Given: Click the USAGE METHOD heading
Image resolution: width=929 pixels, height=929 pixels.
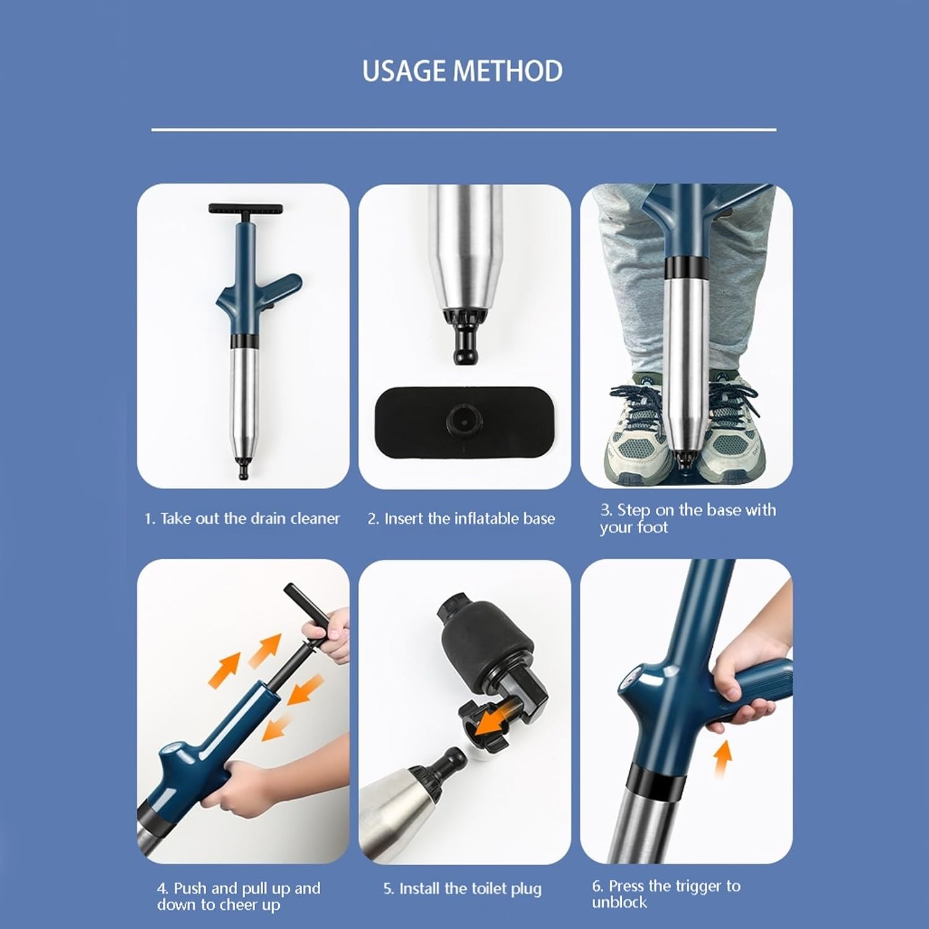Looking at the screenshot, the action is pos(463,71).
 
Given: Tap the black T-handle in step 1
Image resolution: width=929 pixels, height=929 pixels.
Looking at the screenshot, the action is pos(246,211).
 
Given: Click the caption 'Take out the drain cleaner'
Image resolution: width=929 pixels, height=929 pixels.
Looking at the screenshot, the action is pos(242,518).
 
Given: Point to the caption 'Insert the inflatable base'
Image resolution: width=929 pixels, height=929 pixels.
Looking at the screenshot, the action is pos(461,518).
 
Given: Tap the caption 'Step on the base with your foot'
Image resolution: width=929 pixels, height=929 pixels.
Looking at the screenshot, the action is pos(687,518).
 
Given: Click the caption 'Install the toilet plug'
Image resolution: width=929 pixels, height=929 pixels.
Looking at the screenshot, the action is pos(462,889).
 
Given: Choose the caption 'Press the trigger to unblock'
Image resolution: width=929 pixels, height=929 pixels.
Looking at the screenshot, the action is pos(666,894).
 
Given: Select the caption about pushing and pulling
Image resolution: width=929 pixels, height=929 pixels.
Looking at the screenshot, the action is pos(238,896).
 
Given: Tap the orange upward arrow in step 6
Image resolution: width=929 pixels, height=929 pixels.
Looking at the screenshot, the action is pos(722,759).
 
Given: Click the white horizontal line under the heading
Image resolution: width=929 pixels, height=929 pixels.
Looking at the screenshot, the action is pos(464,130).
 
